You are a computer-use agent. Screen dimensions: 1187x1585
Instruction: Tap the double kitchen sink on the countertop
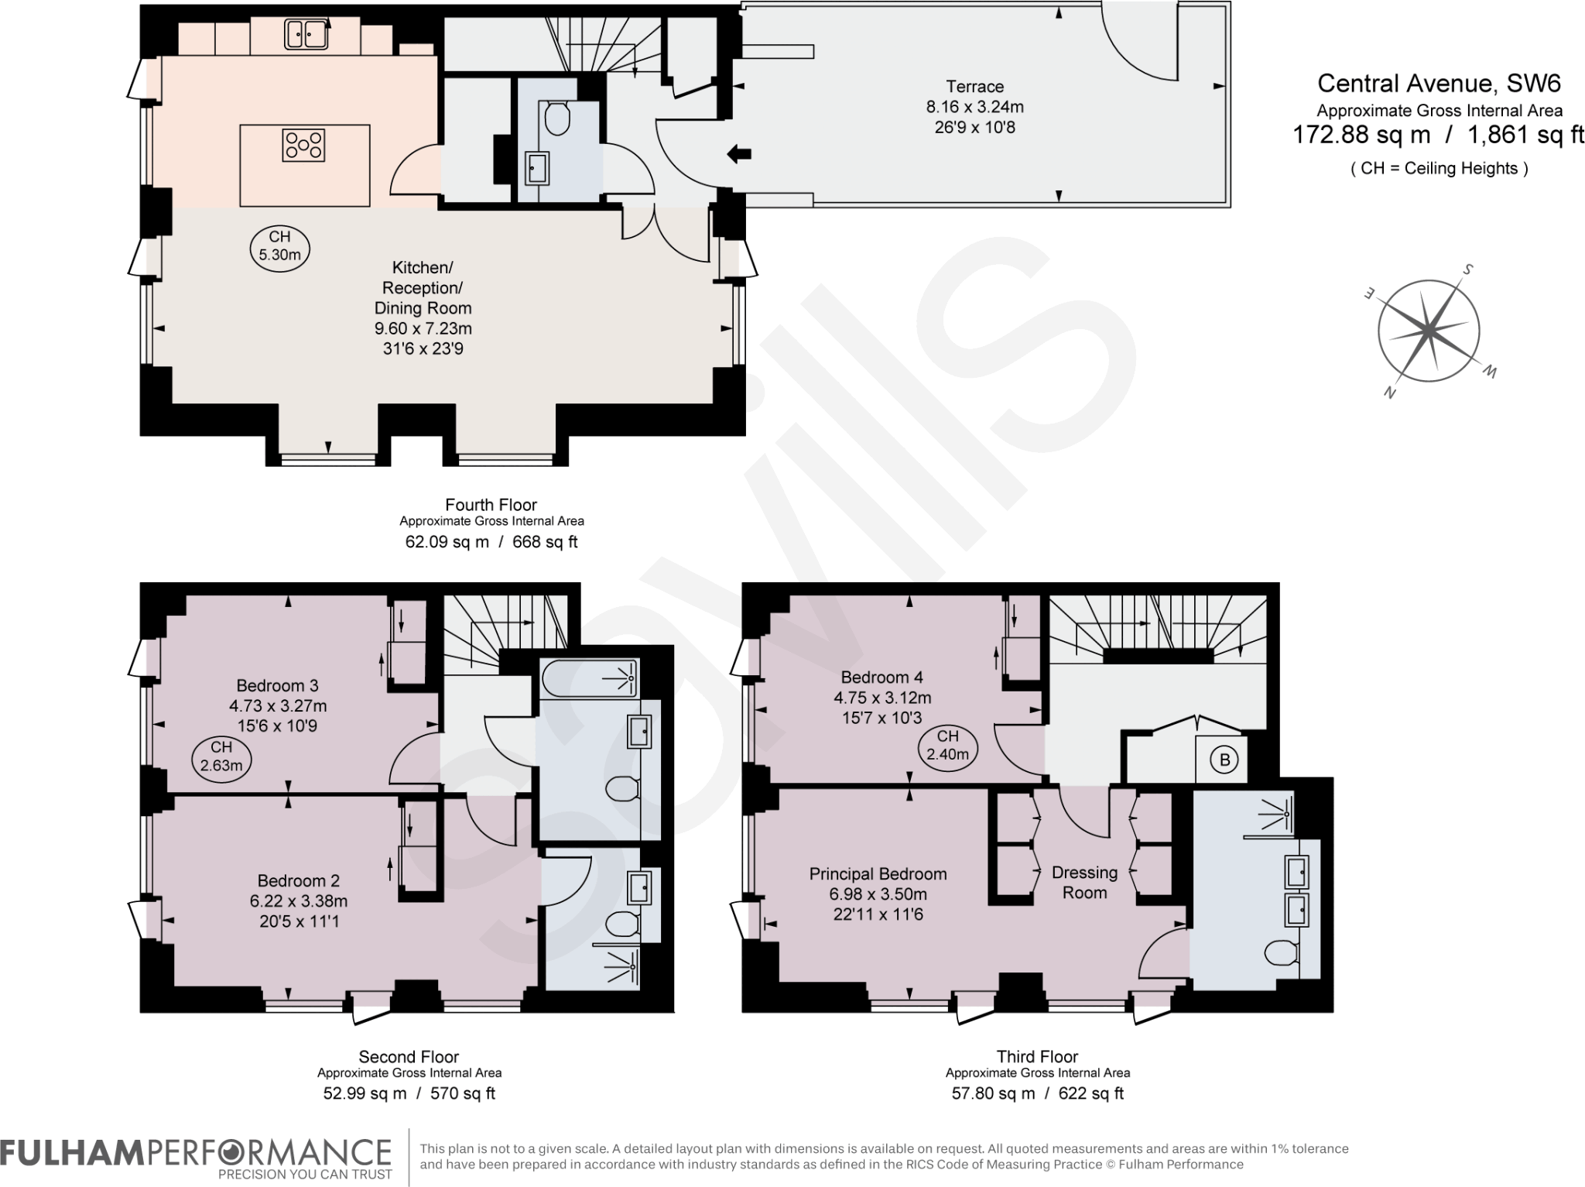tap(306, 34)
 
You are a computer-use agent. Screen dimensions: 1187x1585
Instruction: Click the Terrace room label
tap(974, 87)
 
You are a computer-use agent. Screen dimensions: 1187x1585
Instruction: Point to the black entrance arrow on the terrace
tap(739, 155)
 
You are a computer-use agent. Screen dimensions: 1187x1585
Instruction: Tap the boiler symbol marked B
tap(1224, 760)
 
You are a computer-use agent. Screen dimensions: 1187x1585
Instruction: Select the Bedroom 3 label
tap(277, 685)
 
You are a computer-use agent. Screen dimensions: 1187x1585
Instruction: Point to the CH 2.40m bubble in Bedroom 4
tap(947, 746)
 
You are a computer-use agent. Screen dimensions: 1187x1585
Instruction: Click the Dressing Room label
tap(1084, 883)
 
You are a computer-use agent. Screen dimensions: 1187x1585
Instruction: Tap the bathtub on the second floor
tap(590, 678)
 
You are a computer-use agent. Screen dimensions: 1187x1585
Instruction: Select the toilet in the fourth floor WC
tap(557, 120)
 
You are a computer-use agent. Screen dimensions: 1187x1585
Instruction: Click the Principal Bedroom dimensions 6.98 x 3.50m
tap(878, 894)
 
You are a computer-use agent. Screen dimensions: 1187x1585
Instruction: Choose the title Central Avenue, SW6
tap(1439, 83)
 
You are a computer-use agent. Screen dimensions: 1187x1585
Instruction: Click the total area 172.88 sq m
tap(1361, 136)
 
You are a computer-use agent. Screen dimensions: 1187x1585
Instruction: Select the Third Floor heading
tap(1037, 1056)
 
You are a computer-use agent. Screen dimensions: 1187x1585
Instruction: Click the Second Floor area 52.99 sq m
tap(365, 1093)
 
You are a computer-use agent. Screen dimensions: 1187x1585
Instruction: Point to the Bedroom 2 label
tap(298, 880)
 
